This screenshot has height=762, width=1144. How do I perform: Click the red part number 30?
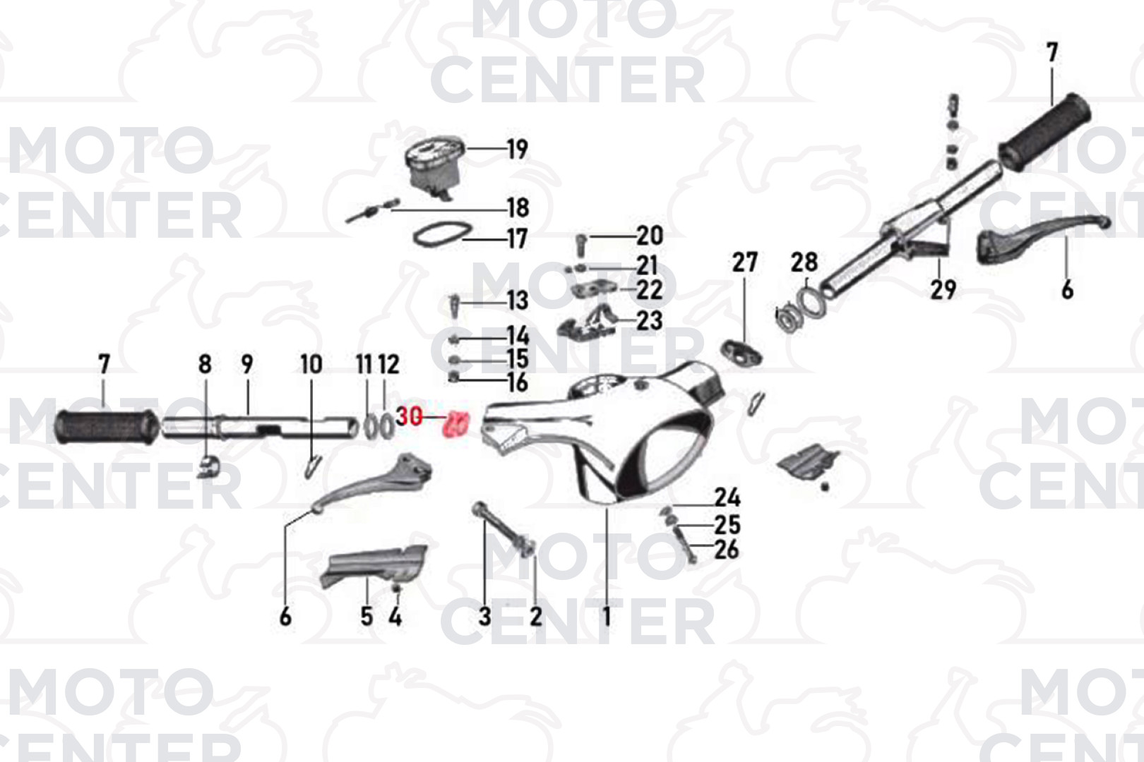pyautogui.click(x=410, y=417)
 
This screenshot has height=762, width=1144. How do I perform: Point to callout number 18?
pyautogui.click(x=518, y=207)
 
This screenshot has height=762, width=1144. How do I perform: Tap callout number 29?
pyautogui.click(x=943, y=290)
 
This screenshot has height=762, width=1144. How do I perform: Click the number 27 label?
pyautogui.click(x=744, y=262)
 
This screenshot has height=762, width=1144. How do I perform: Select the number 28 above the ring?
pyautogui.click(x=804, y=262)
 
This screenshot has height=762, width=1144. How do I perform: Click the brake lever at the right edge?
pyautogui.click(x=1042, y=241)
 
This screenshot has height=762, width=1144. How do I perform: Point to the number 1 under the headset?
pyautogui.click(x=607, y=617)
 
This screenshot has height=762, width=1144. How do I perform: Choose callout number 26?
pyautogui.click(x=726, y=550)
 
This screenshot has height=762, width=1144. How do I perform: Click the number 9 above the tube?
pyautogui.click(x=247, y=364)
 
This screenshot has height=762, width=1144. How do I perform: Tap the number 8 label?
pyautogui.click(x=205, y=364)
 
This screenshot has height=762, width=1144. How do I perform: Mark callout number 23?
pyautogui.click(x=650, y=321)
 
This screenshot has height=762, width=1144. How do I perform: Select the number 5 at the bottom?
pyautogui.click(x=367, y=617)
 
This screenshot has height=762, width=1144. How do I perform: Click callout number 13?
pyautogui.click(x=518, y=301)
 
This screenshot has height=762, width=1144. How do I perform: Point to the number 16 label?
pyautogui.click(x=518, y=382)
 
